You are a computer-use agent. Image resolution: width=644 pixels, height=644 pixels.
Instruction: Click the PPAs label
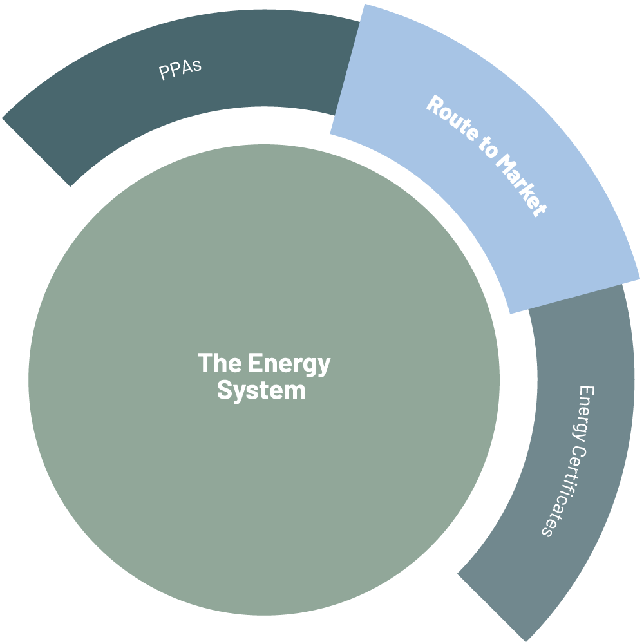pos(180,69)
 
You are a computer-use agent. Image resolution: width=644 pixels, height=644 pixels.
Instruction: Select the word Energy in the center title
pos(289,365)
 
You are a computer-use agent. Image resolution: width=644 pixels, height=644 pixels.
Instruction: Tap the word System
pos(261,390)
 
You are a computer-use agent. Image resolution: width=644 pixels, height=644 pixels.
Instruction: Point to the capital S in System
pos(224,390)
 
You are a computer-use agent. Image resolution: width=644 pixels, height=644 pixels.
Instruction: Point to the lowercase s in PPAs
pos(197,66)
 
